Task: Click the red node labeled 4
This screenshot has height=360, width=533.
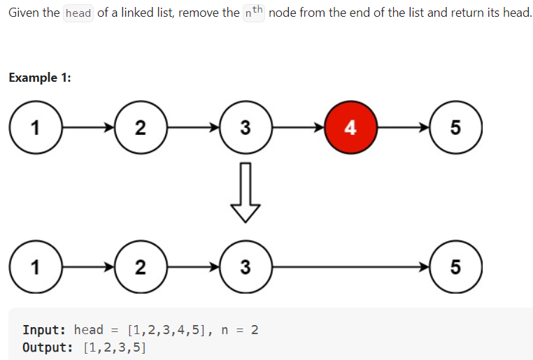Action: click(x=350, y=127)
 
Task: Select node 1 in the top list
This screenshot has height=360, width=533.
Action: click(x=35, y=127)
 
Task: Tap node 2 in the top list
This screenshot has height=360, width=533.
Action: click(x=140, y=127)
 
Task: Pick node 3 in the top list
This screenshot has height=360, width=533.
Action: click(x=245, y=127)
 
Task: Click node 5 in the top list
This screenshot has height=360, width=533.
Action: click(x=455, y=127)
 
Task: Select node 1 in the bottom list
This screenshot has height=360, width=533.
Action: click(x=35, y=266)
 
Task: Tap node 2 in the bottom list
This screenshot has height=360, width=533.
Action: click(x=140, y=266)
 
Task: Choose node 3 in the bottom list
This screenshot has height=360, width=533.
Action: click(x=245, y=266)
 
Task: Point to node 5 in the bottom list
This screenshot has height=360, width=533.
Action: click(x=455, y=266)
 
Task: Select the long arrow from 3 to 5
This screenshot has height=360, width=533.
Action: click(x=350, y=266)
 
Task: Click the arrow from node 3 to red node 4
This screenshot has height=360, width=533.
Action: click(x=297, y=127)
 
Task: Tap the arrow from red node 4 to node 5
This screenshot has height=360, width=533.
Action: click(x=403, y=127)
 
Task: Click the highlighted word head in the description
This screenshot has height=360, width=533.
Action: click(x=78, y=14)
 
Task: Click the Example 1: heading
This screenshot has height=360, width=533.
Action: click(x=40, y=78)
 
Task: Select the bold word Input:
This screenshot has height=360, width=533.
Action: click(x=44, y=330)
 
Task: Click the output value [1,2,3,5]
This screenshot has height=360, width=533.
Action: click(x=114, y=347)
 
